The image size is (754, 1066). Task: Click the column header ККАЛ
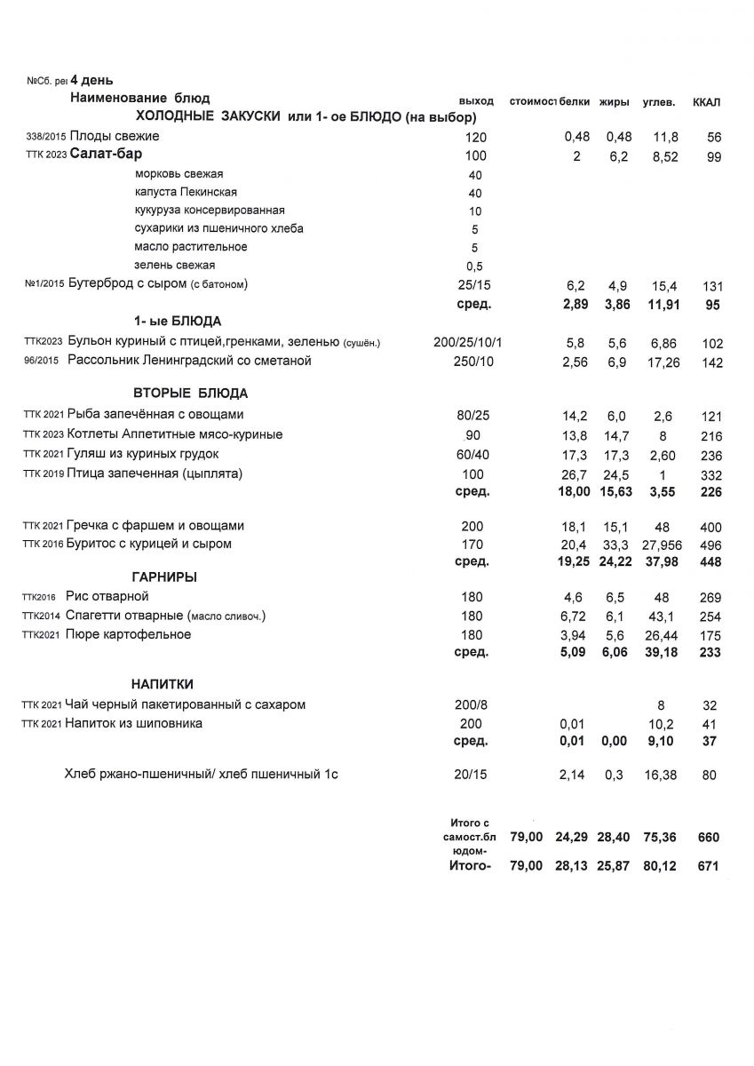coord(707,102)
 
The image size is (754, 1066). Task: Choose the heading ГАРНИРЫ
coord(164,577)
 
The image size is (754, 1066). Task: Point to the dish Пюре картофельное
coord(129,634)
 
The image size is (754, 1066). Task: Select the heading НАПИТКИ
coord(163,684)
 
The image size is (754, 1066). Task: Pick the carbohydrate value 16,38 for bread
coord(661,776)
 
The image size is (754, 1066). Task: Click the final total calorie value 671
coord(708,866)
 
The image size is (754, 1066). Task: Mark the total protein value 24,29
coord(573,837)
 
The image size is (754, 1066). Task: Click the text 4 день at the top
coord(92,81)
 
